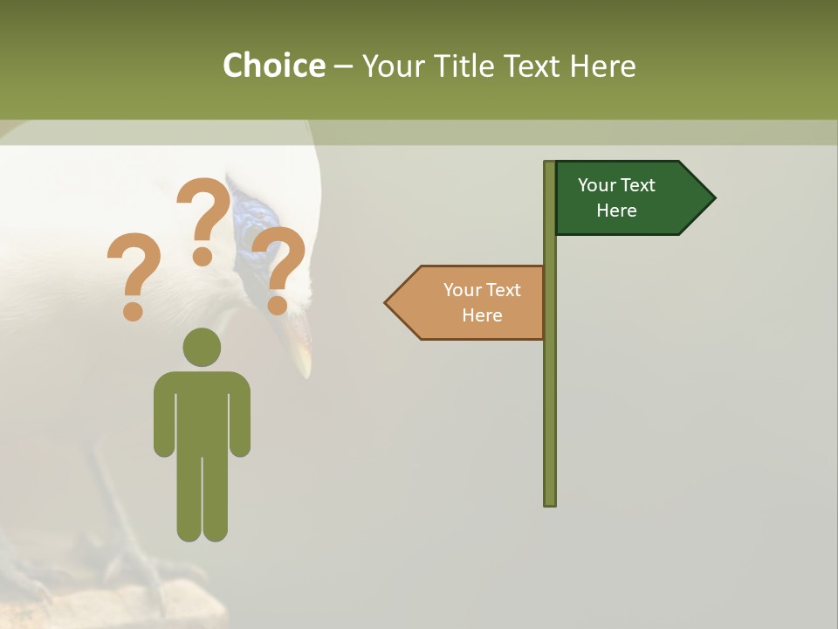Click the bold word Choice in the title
point(273,66)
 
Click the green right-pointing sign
point(628,198)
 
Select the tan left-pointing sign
point(471,303)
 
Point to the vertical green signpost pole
point(549,393)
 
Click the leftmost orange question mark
point(134,275)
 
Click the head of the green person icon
point(202,347)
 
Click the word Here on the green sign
point(616,211)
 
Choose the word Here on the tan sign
point(482,315)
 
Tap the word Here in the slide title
point(603,66)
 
